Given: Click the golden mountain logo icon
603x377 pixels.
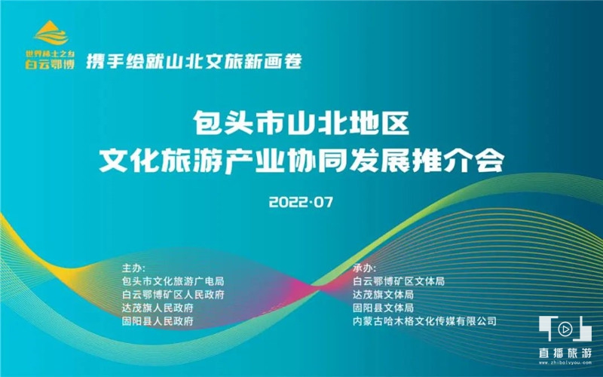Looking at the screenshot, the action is pyautogui.click(x=51, y=33).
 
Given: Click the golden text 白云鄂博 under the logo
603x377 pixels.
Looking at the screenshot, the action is pyautogui.click(x=50, y=63).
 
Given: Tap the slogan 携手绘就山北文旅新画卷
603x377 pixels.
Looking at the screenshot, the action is pyautogui.click(x=194, y=61).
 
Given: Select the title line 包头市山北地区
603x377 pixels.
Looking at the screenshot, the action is pyautogui.click(x=301, y=123).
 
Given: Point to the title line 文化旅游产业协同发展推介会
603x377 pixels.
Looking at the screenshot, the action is pyautogui.click(x=302, y=160).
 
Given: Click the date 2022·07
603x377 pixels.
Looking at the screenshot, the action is pyautogui.click(x=301, y=202).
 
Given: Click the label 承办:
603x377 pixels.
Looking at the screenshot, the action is pyautogui.click(x=365, y=268).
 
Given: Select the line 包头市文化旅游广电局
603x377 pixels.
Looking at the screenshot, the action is pyautogui.click(x=173, y=281).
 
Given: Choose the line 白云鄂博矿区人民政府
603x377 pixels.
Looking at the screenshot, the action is pyautogui.click(x=173, y=295).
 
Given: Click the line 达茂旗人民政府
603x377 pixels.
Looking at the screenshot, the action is pyautogui.click(x=158, y=308).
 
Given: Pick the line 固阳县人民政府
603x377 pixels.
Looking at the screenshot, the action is pyautogui.click(x=158, y=321).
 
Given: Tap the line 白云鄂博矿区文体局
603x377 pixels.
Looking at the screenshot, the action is pyautogui.click(x=399, y=281).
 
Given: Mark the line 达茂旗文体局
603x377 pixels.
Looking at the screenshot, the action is pyautogui.click(x=384, y=295).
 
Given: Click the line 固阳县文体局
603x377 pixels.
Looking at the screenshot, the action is pyautogui.click(x=384, y=308).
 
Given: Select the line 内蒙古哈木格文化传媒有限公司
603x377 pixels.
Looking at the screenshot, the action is pyautogui.click(x=424, y=321).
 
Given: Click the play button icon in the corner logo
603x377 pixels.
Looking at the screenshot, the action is pyautogui.click(x=565, y=329).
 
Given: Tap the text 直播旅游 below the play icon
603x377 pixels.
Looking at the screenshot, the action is pyautogui.click(x=565, y=353).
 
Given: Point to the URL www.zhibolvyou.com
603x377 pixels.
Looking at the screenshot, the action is pyautogui.click(x=565, y=363).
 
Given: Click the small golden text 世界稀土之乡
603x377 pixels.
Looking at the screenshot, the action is pyautogui.click(x=50, y=54).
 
